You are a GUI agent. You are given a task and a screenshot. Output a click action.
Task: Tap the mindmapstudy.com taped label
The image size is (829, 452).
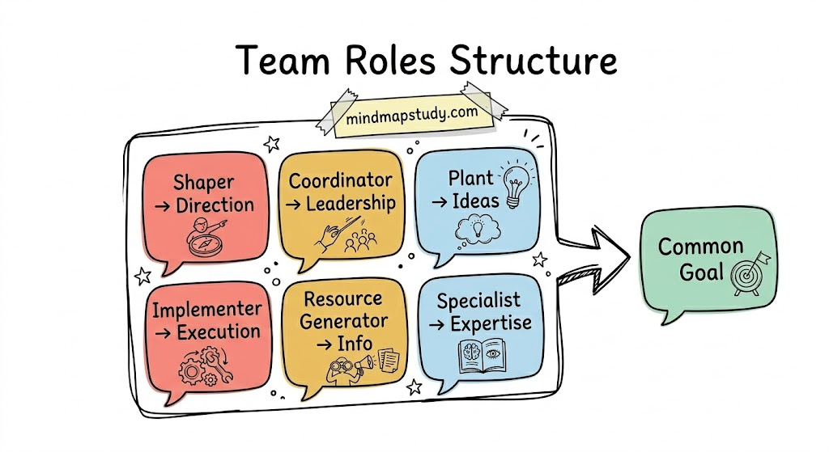tap(411, 114)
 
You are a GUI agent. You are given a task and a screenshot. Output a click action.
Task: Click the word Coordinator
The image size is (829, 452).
tap(341, 180)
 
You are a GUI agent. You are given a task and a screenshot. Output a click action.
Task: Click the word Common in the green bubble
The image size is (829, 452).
tap(700, 246)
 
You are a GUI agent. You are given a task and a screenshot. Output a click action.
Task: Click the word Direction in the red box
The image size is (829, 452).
tap(214, 205)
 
